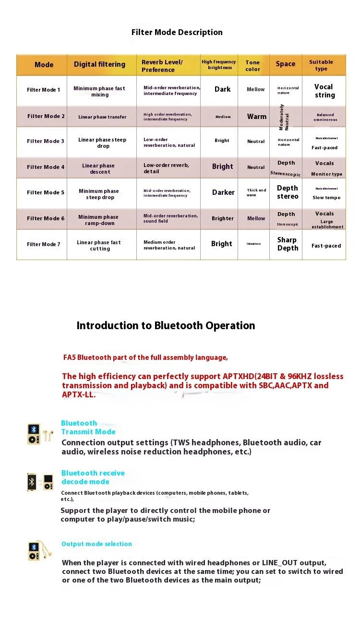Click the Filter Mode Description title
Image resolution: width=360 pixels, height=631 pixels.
(177, 33)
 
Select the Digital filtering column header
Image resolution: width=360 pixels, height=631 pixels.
(99, 64)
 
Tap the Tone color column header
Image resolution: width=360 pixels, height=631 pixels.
(252, 65)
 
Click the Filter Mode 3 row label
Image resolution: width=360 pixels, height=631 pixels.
(46, 141)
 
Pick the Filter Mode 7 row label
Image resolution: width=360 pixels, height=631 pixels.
(44, 244)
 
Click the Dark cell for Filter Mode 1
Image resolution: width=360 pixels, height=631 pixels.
(222, 89)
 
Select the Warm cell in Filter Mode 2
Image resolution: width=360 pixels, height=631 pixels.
(257, 117)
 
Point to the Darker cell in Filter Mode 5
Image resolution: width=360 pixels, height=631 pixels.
(223, 192)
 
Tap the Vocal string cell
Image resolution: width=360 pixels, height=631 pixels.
(324, 91)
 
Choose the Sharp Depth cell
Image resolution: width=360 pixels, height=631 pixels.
(288, 244)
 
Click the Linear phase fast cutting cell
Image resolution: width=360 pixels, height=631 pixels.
(99, 245)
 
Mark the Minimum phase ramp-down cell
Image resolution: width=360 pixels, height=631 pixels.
(98, 220)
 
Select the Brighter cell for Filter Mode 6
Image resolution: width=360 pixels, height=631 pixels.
(223, 218)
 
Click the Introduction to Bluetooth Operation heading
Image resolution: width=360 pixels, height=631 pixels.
(166, 325)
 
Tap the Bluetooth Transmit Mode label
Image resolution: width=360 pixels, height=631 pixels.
(88, 427)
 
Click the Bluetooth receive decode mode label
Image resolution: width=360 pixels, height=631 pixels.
(93, 477)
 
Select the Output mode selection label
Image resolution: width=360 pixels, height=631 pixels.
(96, 544)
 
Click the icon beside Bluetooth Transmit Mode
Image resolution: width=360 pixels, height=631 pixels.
(39, 434)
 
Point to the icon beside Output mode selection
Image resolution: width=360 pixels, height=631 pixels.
(39, 550)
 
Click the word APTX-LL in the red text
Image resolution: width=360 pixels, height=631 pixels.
(78, 395)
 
